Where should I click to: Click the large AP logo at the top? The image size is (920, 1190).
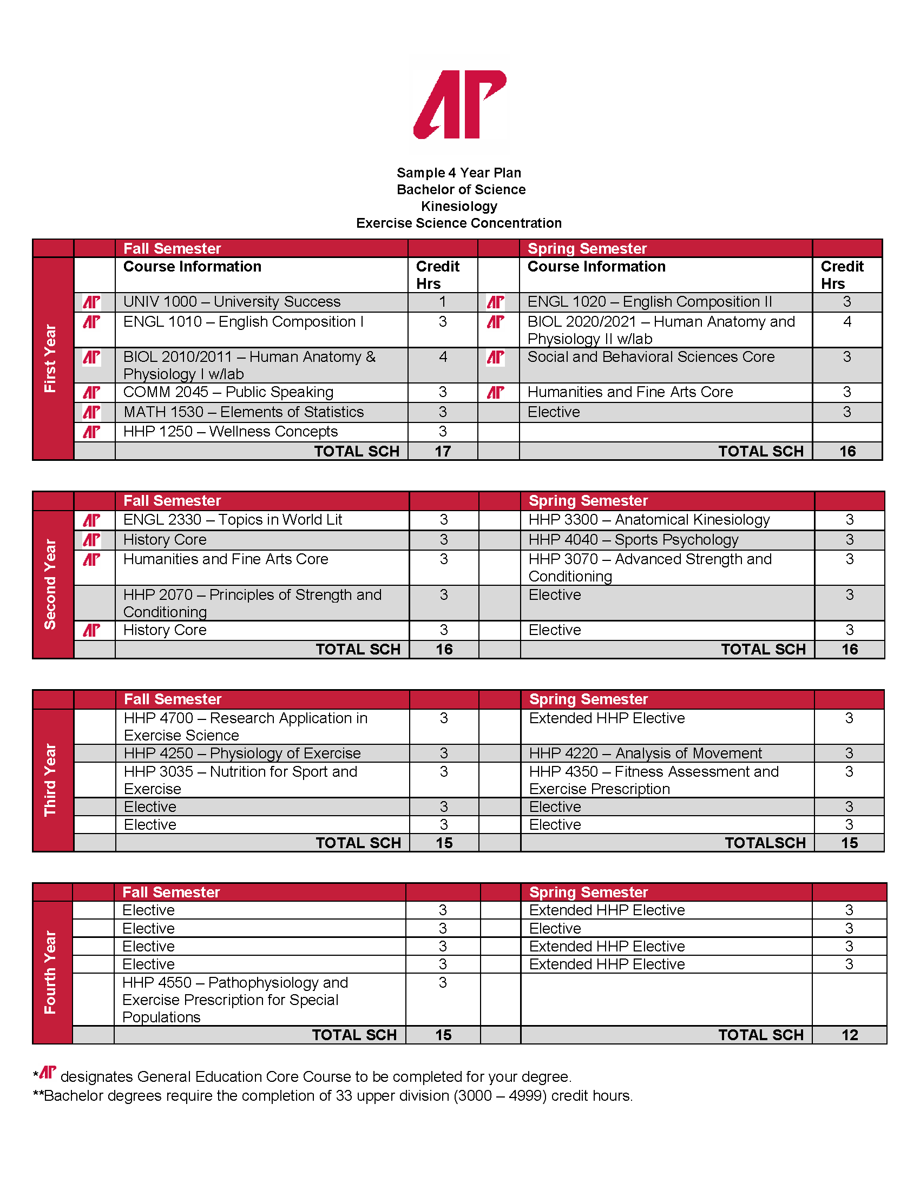[460, 104]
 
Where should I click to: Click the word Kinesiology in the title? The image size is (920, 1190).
[459, 207]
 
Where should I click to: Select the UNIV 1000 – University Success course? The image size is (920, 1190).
[232, 302]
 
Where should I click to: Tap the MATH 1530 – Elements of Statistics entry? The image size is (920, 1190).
[243, 412]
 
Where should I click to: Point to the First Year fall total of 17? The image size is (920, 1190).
[443, 451]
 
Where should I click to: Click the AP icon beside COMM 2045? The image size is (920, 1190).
[91, 392]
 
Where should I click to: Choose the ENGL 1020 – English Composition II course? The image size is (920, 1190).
[649, 302]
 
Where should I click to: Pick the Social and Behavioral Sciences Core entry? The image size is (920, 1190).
[650, 357]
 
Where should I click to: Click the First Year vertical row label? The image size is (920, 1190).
[50, 358]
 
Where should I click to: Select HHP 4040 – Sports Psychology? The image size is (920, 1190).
[633, 539]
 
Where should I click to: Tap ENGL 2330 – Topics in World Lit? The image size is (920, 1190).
[233, 520]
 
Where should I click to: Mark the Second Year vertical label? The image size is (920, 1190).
[50, 584]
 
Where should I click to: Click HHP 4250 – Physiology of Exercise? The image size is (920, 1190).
[242, 753]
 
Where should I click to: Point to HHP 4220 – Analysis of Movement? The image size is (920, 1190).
[645, 753]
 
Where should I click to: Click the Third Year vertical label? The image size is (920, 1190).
[50, 779]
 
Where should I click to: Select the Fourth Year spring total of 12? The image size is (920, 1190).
[850, 1035]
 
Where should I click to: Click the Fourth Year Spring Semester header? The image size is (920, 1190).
[589, 892]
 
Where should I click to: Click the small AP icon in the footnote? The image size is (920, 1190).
[48, 1072]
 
